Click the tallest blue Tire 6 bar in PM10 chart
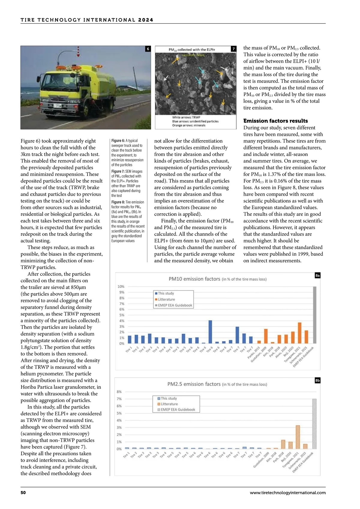pyautogui.click(x=210, y=332)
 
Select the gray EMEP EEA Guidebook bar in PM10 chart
pyautogui.click(x=315, y=315)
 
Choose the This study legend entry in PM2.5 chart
pyautogui.click(x=169, y=399)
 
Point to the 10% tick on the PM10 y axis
pyautogui.click(x=121, y=287)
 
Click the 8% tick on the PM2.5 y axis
pyautogui.click(x=119, y=392)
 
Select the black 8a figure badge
pyautogui.click(x=317, y=276)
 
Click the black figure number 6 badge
pyautogui.click(x=148, y=49)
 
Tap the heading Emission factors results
pyautogui.click(x=275, y=121)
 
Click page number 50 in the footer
pyautogui.click(x=23, y=492)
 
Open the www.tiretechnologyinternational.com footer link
pyautogui.click(x=287, y=492)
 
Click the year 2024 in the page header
pyautogui.click(x=146, y=20)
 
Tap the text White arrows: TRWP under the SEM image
pyautogui.click(x=186, y=117)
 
